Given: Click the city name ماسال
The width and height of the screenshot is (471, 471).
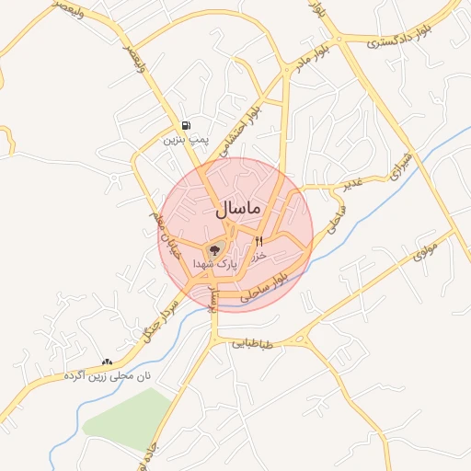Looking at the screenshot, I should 238,210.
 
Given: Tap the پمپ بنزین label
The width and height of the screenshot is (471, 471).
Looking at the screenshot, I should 187,140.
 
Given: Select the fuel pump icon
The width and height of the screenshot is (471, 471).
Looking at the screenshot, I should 187,125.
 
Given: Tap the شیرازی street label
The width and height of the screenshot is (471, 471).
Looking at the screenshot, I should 403,167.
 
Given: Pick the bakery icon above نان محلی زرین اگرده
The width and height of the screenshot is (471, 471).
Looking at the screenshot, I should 108,362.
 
